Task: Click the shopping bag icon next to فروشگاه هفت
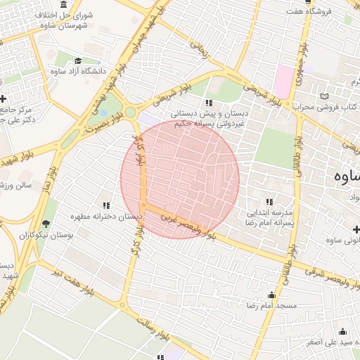click(290, 12)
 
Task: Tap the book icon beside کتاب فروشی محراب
click(323, 96)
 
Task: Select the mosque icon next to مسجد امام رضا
click(271, 295)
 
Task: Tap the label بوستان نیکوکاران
click(46, 234)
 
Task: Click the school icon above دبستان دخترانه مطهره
click(106, 205)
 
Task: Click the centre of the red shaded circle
click(180, 180)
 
